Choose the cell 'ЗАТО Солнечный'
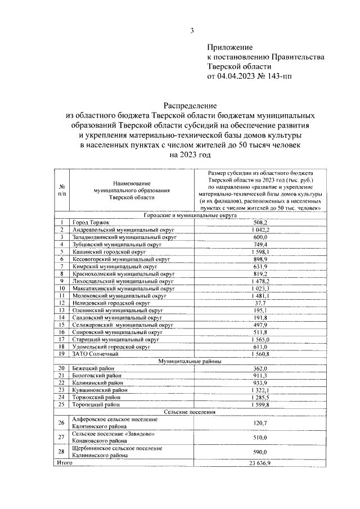pos(95,354)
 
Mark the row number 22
pos(61,382)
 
